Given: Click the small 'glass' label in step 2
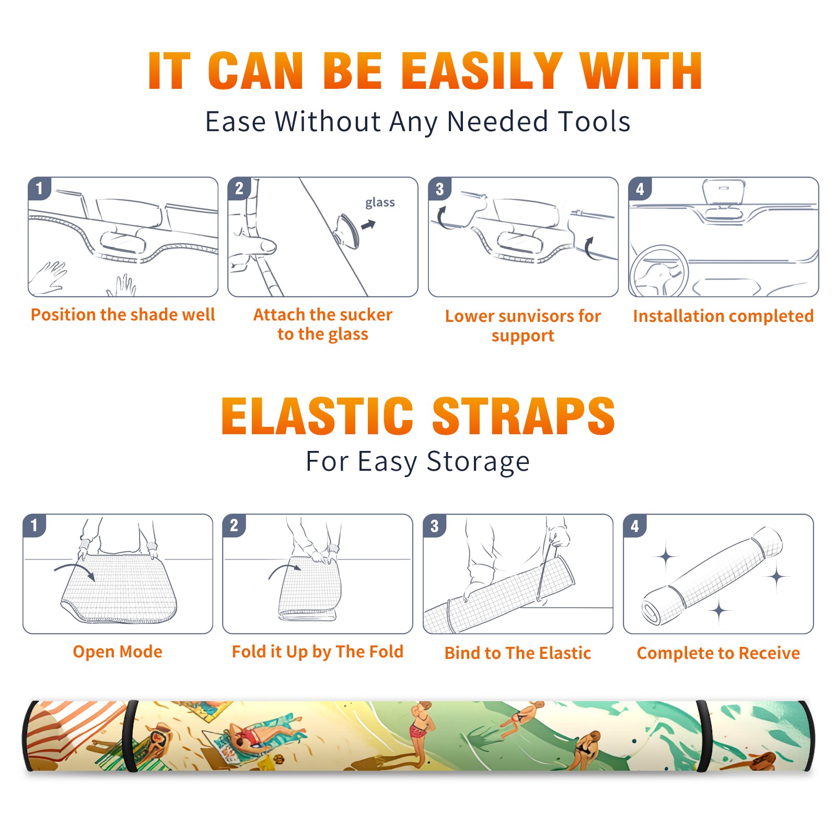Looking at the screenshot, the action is coord(380,202).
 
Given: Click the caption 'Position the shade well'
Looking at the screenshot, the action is coord(123,315).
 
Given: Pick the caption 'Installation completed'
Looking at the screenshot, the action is coord(723,316).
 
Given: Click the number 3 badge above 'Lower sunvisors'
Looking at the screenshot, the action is coord(439,189).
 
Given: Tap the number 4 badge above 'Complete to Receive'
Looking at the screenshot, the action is coord(635,526).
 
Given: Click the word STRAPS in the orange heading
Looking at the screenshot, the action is coord(524,416).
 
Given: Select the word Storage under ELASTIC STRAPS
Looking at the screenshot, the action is coord(478,462).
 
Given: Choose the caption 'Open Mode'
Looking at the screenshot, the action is coord(118,652).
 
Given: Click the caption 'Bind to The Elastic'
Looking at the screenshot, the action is coord(518,653).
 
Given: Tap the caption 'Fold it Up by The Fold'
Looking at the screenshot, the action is coord(318,652).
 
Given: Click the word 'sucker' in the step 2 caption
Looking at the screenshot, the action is coord(365,315).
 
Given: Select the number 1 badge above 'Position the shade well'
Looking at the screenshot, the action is coord(39,188).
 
